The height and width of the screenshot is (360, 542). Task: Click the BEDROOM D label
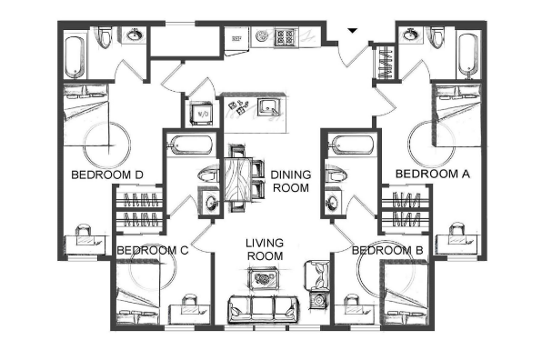[x=106, y=175]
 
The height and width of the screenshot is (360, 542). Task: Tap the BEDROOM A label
[x=433, y=174]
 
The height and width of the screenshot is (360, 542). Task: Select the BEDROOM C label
[x=153, y=250]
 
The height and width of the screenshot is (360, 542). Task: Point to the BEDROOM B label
[x=387, y=251]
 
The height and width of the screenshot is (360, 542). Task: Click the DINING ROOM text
[x=291, y=182]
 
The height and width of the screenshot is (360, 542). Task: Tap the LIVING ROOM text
[x=265, y=249]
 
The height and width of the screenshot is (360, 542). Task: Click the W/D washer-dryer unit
[x=202, y=114]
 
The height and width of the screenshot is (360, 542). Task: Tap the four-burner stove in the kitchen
[x=285, y=37]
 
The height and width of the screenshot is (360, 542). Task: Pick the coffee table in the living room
[x=264, y=278]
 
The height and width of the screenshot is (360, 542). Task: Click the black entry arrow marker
[x=352, y=31]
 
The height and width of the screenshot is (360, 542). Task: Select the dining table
[x=237, y=180]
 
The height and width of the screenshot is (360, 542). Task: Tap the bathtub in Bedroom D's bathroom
[x=75, y=56]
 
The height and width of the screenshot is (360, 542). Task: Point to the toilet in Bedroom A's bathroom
[x=437, y=37]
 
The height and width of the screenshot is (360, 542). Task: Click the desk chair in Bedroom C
[x=189, y=300]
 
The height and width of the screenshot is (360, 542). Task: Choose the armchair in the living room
[x=316, y=275]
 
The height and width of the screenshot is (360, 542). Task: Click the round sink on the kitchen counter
[x=262, y=36]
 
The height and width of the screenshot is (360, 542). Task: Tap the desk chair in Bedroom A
[x=457, y=229]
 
